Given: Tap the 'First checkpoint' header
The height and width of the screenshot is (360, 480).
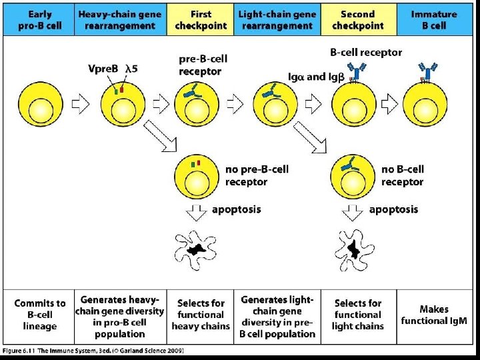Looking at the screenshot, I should (x=201, y=19).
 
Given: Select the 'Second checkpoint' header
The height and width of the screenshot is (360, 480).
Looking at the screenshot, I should (x=358, y=19).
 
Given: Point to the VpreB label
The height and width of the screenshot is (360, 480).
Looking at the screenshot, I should (x=104, y=67).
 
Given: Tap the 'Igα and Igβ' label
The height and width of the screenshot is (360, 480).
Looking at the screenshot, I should (x=317, y=77).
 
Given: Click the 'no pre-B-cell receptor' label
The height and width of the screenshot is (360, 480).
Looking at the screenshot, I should (x=257, y=175).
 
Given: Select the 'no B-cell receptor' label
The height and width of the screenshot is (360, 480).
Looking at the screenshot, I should (x=403, y=175).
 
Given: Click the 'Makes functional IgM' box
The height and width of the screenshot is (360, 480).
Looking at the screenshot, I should (x=434, y=315).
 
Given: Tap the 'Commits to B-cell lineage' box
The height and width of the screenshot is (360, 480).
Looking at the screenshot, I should (x=40, y=315).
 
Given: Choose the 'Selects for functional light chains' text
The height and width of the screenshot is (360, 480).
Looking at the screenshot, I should (x=358, y=315).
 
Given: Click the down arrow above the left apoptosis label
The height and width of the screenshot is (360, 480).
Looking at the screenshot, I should (x=197, y=212).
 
